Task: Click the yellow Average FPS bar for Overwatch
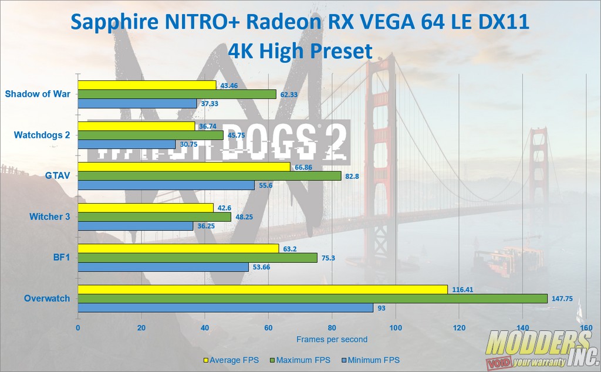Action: [x=262, y=289]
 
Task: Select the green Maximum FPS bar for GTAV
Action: [x=210, y=176]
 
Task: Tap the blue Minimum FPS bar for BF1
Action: [x=163, y=267]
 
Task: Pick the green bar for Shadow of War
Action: [x=177, y=94]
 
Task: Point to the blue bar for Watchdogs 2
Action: [x=126, y=144]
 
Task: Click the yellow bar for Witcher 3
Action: [x=146, y=208]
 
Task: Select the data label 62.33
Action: [x=291, y=94]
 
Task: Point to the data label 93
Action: [x=381, y=307]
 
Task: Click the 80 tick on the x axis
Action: [x=332, y=327]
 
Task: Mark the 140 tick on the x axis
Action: [x=522, y=327]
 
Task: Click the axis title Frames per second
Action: [x=332, y=339]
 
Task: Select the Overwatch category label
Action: [x=47, y=298]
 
